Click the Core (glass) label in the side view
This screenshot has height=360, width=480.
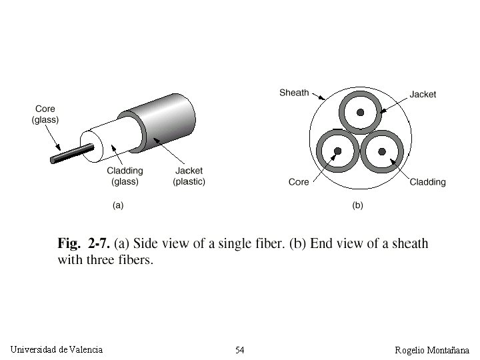[45, 114]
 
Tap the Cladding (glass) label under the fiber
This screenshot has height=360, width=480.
[125, 176]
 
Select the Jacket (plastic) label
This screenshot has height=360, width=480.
[189, 176]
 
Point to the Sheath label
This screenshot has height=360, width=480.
[294, 92]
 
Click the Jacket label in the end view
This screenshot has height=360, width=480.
[423, 94]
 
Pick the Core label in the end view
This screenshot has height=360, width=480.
[299, 181]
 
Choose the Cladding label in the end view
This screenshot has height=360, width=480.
[427, 181]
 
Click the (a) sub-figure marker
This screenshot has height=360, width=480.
[117, 205]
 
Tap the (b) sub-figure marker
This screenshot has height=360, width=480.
[357, 205]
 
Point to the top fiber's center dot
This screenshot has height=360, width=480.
[361, 113]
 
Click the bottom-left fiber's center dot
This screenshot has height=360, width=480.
[337, 151]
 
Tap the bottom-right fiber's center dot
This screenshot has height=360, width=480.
[383, 151]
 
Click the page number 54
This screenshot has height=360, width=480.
[240, 350]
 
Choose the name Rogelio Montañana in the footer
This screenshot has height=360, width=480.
[432, 350]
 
